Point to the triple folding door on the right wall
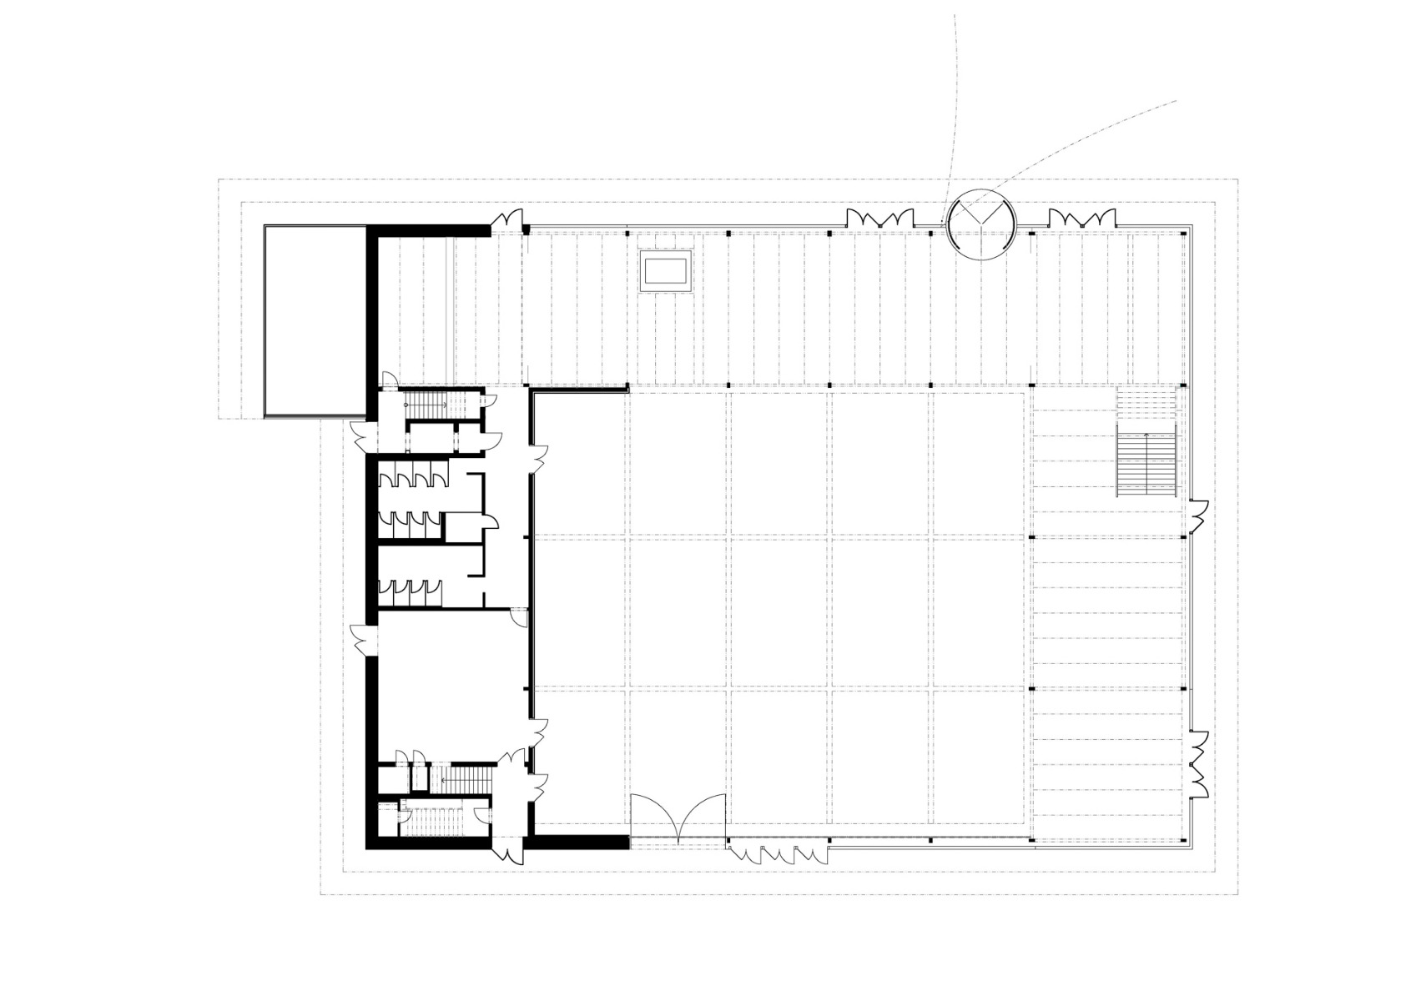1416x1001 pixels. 1200,762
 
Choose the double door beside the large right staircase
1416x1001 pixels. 1198,517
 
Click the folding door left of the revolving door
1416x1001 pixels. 875,219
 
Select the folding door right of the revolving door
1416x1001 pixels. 1081,219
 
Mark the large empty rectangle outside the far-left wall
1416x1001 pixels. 314,321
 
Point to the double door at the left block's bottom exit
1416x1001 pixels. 508,847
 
